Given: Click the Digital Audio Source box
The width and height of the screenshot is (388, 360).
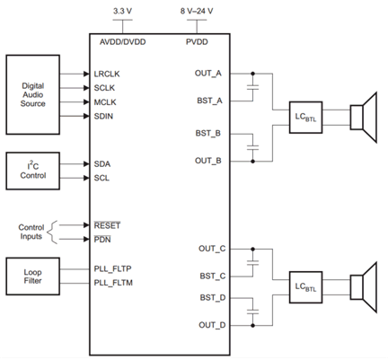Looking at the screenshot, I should (34, 94).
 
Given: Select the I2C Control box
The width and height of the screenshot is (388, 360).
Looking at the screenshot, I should (34, 171).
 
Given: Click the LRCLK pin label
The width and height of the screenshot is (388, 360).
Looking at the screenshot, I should (108, 73).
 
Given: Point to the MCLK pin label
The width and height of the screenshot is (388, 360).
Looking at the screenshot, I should (107, 101).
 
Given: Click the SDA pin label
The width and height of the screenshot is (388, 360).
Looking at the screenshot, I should (103, 163).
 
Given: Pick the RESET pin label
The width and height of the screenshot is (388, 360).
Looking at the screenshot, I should (107, 224).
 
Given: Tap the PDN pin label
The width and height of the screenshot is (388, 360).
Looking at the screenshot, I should (102, 239).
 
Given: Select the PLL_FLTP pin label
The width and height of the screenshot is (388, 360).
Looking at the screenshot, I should (113, 268).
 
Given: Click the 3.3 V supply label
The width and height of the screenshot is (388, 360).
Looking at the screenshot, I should (123, 10).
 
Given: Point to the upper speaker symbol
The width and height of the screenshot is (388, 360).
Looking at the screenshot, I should (363, 117).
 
